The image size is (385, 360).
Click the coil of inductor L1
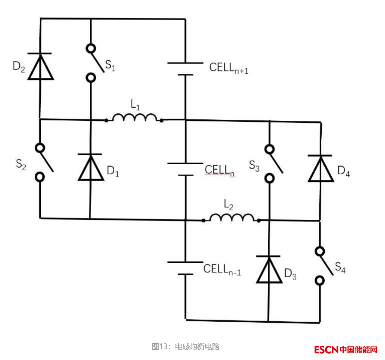point(135,118)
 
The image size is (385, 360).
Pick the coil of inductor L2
point(232,218)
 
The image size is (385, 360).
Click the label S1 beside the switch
point(110,65)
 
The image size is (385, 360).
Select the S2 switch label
point(21,164)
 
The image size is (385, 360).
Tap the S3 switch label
point(254,166)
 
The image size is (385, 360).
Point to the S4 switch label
point(340,267)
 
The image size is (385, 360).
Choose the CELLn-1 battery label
point(222,269)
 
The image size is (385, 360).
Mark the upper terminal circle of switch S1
point(91,48)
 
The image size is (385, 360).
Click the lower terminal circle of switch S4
point(320,281)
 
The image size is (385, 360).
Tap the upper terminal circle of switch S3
point(269,149)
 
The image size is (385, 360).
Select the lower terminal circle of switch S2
point(40,177)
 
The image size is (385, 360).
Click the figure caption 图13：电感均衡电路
point(185,346)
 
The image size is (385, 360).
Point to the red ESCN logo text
point(327,350)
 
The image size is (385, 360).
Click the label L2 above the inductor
point(229,205)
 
